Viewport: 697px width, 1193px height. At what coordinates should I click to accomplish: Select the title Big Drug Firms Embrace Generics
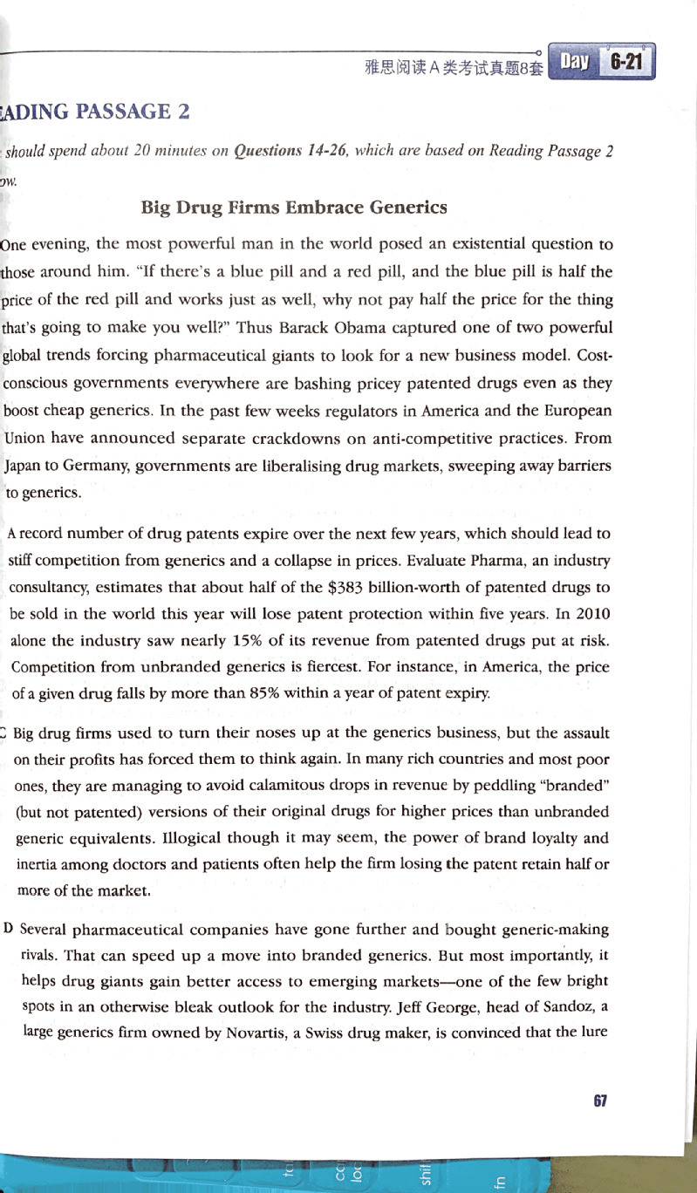[294, 208]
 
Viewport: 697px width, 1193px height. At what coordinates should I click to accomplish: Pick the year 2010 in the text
[592, 614]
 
